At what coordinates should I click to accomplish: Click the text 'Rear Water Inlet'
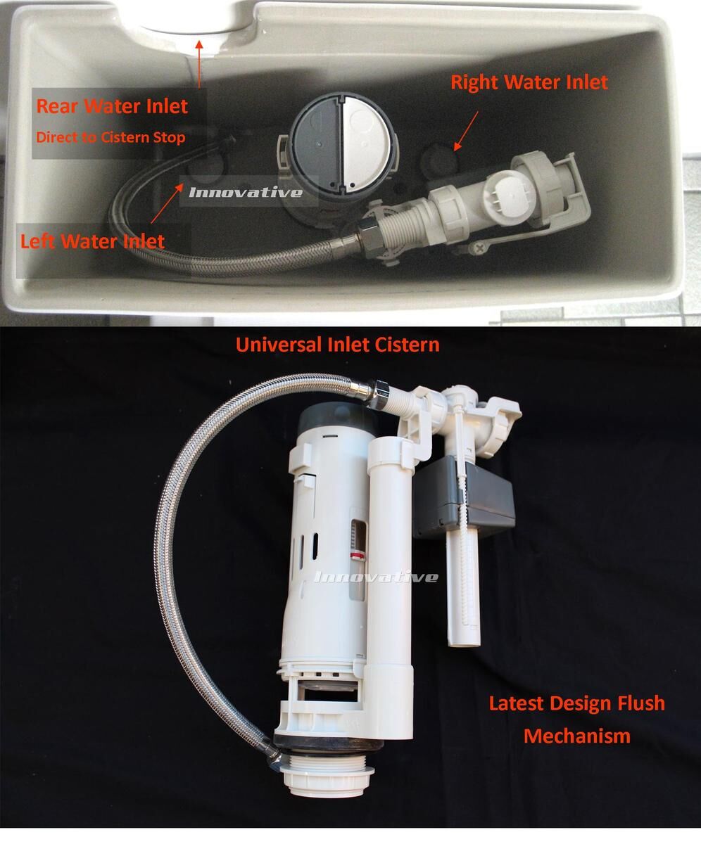tap(112, 106)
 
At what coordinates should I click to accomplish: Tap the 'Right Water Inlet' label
tap(529, 82)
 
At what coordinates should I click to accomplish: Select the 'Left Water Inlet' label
tap(92, 241)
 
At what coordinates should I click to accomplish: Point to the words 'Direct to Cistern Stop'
tap(110, 137)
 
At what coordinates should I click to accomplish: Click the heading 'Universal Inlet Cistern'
tap(337, 345)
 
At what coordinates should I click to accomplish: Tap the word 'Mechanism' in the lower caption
tap(577, 736)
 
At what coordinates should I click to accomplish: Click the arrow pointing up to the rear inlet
tap(199, 64)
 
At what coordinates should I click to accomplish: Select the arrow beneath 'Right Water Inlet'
tap(466, 132)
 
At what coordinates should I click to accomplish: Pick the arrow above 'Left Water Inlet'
tap(167, 203)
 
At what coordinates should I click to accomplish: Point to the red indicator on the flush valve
tap(357, 556)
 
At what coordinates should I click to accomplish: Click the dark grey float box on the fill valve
tap(465, 497)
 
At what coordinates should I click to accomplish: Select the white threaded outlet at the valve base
tap(328, 779)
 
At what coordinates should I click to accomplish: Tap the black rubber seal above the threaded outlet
tap(329, 746)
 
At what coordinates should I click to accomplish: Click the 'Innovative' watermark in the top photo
tap(246, 192)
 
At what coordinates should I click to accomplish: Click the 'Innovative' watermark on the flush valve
tap(376, 577)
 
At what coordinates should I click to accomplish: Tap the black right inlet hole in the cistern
tap(439, 159)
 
